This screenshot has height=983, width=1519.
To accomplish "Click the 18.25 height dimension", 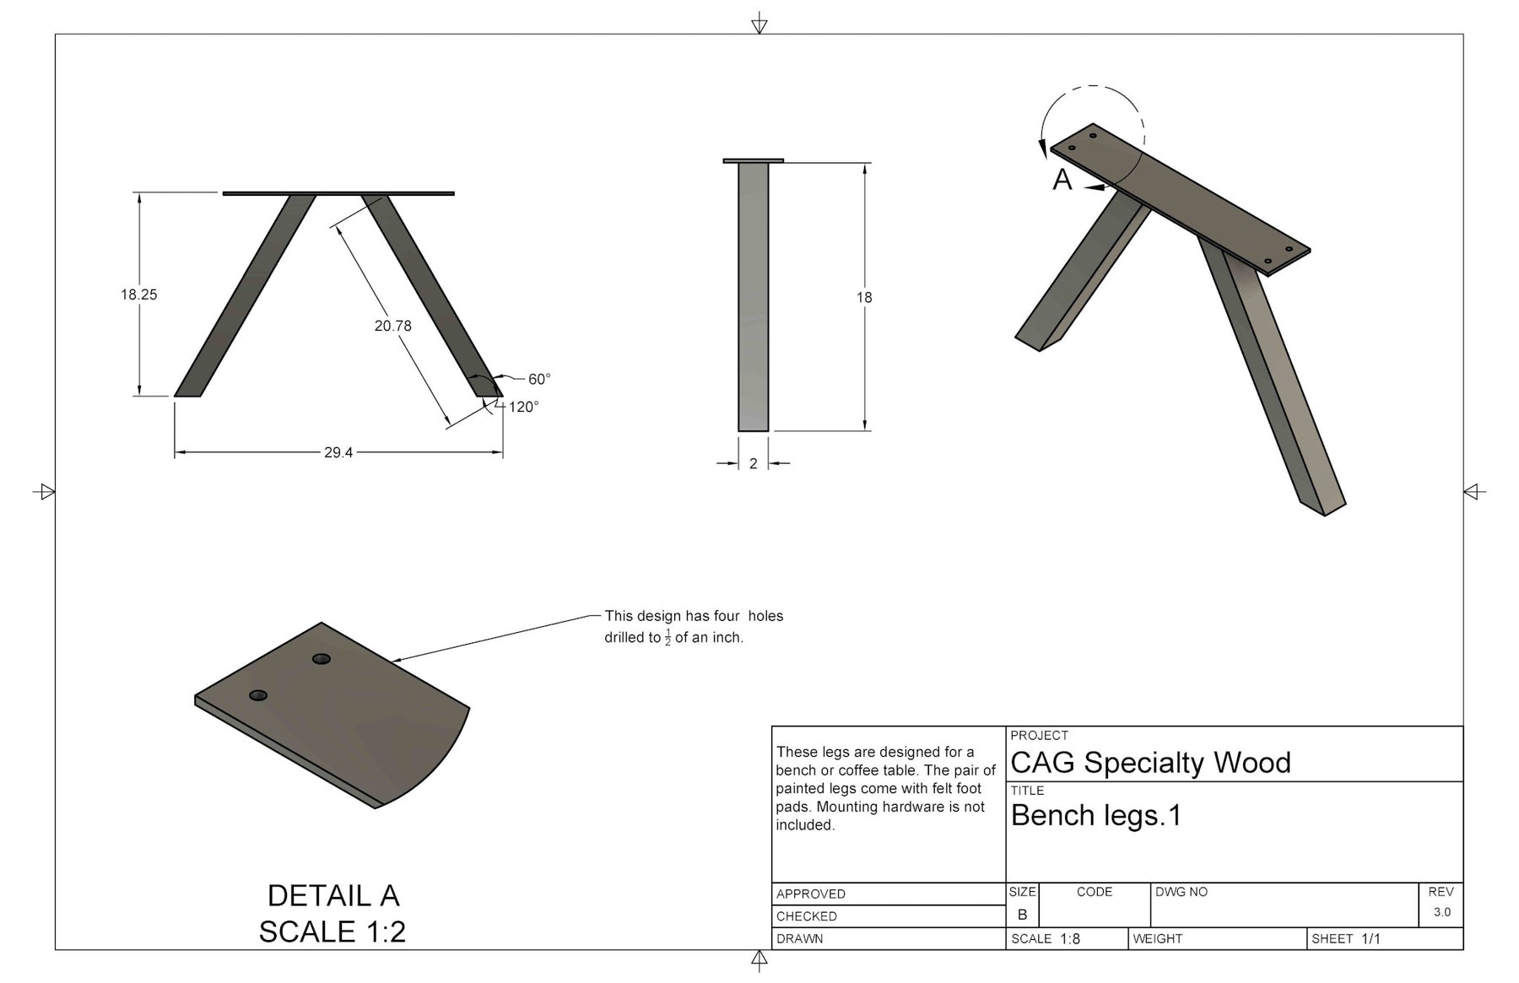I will [x=138, y=294].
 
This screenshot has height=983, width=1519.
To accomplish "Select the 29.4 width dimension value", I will [x=338, y=453].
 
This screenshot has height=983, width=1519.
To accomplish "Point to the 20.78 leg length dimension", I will [x=393, y=326].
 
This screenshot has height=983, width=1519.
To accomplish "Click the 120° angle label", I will [x=523, y=407].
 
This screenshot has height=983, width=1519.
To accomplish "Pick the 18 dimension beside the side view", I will [x=864, y=297].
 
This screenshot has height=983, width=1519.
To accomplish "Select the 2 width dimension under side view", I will [x=754, y=463].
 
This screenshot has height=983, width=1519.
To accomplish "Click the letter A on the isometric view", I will [x=1062, y=180].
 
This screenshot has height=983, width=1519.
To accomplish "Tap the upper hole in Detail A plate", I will [x=322, y=659].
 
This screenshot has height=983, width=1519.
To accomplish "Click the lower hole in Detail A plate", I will [x=258, y=695].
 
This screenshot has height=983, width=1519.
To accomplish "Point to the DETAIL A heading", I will [x=332, y=895].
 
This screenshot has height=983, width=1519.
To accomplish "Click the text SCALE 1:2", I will [x=332, y=932].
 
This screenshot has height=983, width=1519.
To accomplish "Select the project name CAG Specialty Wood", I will [x=1150, y=763].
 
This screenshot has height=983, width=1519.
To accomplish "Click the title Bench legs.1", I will [x=1096, y=815].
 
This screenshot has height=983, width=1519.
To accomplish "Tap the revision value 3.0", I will [x=1441, y=912].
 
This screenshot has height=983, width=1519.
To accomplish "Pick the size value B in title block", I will [x=1022, y=915].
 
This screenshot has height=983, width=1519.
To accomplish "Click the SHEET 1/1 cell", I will [x=1346, y=938].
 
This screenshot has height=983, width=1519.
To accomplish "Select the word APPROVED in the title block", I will [x=811, y=894].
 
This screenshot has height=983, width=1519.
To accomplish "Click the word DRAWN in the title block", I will [x=800, y=938].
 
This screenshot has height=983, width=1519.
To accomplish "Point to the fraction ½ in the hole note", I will [x=668, y=638].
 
